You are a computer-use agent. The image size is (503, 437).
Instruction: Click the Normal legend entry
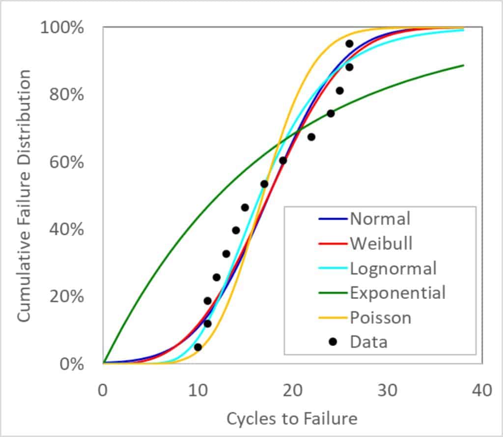(379, 218)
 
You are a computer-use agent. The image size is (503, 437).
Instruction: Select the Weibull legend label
(381, 243)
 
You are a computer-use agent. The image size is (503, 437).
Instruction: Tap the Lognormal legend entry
(393, 268)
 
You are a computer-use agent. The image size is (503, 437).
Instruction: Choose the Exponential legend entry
(397, 292)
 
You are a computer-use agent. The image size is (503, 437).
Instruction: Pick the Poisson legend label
(380, 318)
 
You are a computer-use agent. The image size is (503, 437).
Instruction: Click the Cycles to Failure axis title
(292, 418)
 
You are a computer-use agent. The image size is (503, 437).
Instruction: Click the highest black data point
(349, 44)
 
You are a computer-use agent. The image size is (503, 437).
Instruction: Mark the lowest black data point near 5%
(198, 347)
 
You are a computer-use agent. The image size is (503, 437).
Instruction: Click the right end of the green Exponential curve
(463, 65)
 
